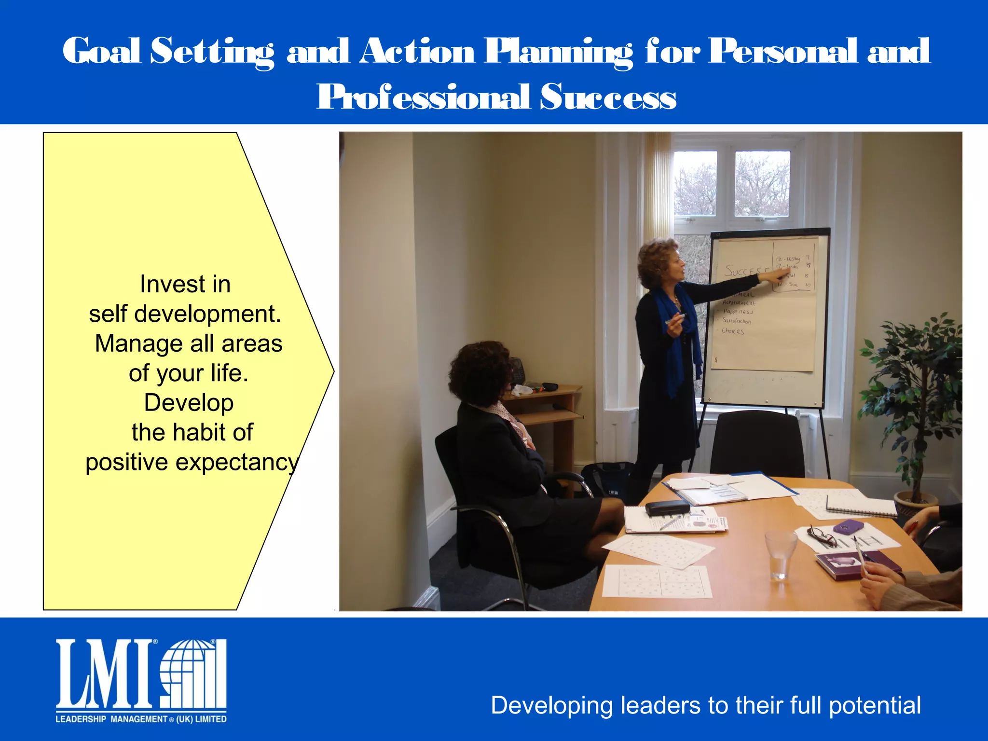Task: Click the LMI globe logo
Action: click(193, 673)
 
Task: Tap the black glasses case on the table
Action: click(667, 508)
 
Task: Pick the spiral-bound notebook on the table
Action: click(861, 506)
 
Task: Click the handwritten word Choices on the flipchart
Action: click(733, 331)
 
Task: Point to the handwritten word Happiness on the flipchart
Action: click(738, 312)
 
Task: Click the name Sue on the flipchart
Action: click(793, 285)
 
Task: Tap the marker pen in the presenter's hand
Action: click(675, 319)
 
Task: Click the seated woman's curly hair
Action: click(479, 370)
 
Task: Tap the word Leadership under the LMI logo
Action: click(81, 719)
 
